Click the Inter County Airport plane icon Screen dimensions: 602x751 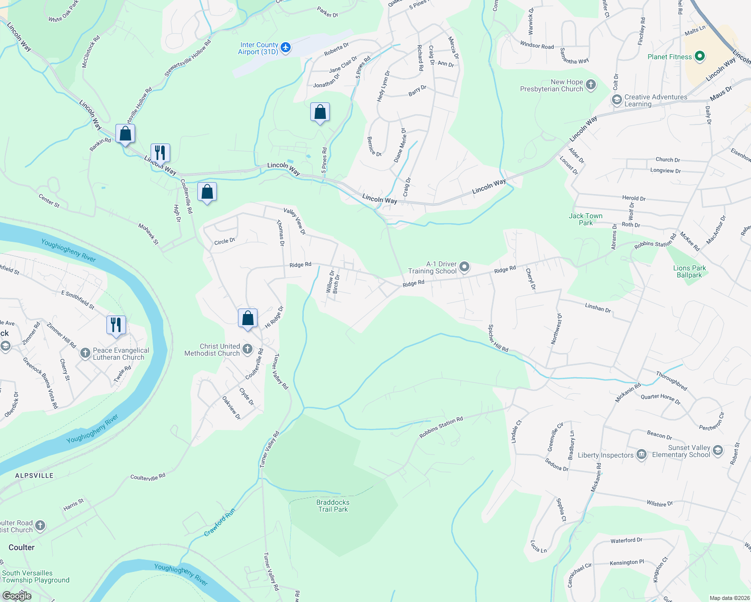(x=286, y=48)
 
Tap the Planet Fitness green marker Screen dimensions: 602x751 (x=700, y=57)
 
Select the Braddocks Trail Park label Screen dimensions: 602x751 (x=333, y=506)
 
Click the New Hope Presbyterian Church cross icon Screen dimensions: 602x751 (x=591, y=85)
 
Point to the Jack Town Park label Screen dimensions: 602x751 (x=585, y=219)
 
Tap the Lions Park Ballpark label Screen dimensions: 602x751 (x=689, y=271)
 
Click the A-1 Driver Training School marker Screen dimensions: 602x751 (x=464, y=267)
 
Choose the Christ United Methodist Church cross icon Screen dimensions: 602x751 (x=247, y=349)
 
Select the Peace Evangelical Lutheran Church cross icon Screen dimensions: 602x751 (x=85, y=353)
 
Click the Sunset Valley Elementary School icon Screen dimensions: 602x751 (x=717, y=450)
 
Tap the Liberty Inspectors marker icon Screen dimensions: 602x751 (x=641, y=455)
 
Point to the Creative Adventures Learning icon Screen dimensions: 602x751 (x=616, y=100)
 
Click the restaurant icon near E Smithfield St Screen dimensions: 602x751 (x=116, y=324)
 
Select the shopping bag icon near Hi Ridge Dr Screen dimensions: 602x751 (x=247, y=318)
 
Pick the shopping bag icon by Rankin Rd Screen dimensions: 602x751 (x=125, y=133)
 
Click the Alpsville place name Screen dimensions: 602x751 (x=34, y=476)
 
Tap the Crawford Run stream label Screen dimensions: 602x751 (x=219, y=523)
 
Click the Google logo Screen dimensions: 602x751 (x=17, y=595)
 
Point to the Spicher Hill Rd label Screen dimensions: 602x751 (x=498, y=338)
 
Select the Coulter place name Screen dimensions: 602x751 (x=22, y=547)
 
